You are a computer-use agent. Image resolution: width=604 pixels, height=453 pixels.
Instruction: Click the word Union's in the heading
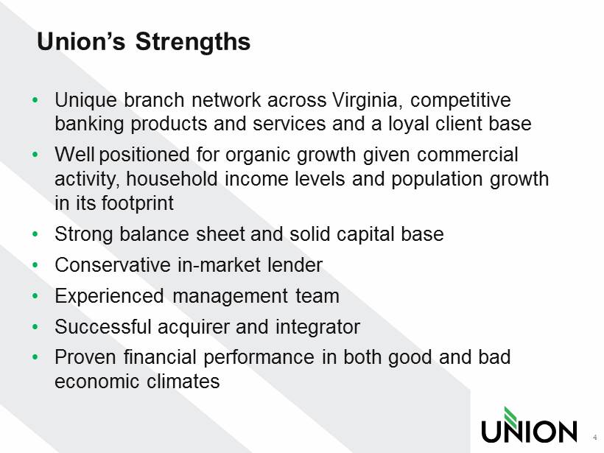pyautogui.click(x=81, y=41)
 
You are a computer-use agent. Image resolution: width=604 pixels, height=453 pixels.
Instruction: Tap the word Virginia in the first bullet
pyautogui.click(x=368, y=100)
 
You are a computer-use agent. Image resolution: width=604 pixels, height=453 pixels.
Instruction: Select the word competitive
pyautogui.click(x=460, y=100)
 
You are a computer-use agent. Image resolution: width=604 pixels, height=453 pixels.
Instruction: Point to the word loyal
pyautogui.click(x=408, y=124)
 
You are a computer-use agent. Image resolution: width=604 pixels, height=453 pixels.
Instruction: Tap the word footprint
pyautogui.click(x=138, y=203)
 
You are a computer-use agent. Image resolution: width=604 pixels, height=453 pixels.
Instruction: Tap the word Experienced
pyautogui.click(x=110, y=297)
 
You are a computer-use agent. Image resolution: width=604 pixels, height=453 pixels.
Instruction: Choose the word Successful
pyautogui.click(x=103, y=326)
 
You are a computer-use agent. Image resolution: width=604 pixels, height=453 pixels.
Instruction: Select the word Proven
pyautogui.click(x=85, y=357)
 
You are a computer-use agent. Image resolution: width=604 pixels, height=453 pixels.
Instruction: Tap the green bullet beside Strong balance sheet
pyautogui.click(x=35, y=233)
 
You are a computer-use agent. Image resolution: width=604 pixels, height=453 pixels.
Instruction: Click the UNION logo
pyautogui.click(x=529, y=425)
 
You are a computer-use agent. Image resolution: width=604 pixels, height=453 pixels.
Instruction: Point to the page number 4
pyautogui.click(x=594, y=438)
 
